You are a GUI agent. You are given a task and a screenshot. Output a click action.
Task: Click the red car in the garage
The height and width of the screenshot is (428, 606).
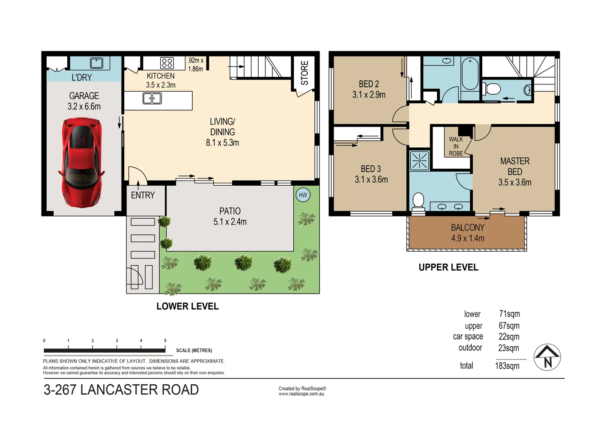pos(81,163)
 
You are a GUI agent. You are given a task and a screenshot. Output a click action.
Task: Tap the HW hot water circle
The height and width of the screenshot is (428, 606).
pos(303,195)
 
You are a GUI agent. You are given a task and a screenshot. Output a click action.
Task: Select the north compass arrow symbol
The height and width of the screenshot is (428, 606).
pos(547,357)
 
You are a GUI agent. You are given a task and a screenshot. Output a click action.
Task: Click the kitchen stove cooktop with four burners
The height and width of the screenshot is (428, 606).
pos(167,63)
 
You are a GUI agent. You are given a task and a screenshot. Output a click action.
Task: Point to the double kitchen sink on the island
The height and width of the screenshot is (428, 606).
pos(152,98)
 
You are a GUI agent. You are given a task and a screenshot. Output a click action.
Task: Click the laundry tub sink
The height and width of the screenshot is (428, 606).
pos(96,63)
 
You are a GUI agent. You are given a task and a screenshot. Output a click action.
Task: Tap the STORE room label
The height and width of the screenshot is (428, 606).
pos(304,73)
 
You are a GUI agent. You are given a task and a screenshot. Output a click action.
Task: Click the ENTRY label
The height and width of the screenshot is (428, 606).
pos(143,195)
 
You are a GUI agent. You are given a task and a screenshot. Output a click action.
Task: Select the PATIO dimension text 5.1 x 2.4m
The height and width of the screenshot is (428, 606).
pos(230,222)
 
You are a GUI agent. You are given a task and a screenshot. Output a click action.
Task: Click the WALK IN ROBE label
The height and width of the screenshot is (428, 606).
pos(456,146)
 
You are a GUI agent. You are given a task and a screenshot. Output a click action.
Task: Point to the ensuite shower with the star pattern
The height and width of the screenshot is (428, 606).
pos(419,160)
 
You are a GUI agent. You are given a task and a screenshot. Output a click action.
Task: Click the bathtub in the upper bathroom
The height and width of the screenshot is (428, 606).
pos(470,74)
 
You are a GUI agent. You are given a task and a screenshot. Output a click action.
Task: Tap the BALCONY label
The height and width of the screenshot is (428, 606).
pos(468,228)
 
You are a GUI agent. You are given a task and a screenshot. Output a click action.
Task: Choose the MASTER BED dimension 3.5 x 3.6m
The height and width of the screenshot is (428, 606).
pos(514,182)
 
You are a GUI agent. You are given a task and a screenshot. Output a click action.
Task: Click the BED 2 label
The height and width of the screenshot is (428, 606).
pos(369,84)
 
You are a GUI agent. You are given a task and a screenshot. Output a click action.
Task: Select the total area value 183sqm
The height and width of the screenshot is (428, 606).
pos(507,366)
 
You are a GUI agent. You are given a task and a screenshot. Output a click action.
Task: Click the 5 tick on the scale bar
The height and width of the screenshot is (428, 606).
pos(165,346)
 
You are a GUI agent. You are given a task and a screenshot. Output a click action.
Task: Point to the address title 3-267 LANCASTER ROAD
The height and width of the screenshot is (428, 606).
pos(121,390)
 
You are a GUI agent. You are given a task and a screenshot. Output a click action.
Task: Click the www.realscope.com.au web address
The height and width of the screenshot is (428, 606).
pos(301,394)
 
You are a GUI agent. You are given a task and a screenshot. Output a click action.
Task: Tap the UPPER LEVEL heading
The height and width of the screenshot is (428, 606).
pos(448,267)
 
